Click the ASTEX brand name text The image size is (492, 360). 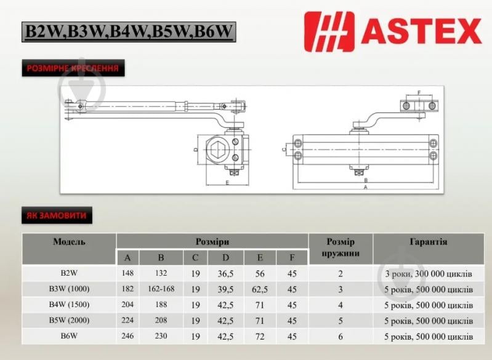coord(421,30)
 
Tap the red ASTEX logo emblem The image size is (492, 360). coord(330,30)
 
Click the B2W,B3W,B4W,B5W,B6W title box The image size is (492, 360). coord(129,31)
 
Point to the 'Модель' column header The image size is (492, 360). coord(69,242)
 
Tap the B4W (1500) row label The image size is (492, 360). coord(69,305)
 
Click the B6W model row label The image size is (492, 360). coord(69,337)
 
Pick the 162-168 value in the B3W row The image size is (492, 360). coord(161,289)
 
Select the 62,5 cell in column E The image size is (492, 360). coord(259,289)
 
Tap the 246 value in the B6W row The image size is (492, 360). coord(128,337)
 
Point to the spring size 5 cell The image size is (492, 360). coord(341,321)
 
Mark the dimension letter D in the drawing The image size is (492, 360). coord(195,150)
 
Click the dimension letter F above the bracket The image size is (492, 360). coord(419,93)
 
